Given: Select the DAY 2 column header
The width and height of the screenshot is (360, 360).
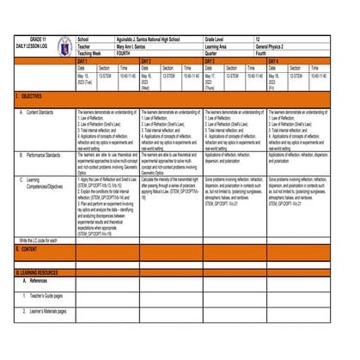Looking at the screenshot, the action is (x=146, y=62).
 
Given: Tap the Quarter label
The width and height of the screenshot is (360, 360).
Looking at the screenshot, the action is (x=211, y=54).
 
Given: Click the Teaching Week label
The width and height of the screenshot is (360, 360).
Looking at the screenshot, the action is (x=91, y=54).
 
